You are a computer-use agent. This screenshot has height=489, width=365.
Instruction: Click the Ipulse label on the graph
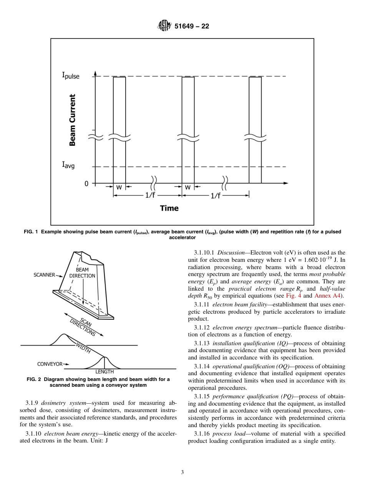pyautogui.click(x=71, y=75)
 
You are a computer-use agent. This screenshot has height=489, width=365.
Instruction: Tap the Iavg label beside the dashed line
pyautogui.click(x=68, y=165)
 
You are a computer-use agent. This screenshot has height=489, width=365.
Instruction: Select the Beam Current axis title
pyautogui.click(x=72, y=120)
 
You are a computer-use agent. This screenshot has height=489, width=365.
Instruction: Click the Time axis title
pyautogui.click(x=169, y=208)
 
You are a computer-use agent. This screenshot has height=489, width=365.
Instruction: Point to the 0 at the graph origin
pyautogui.click(x=87, y=184)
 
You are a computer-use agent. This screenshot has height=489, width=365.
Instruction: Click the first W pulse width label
pyautogui.click(x=119, y=187)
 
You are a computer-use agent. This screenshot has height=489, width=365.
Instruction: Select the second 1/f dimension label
pyautogui.click(x=216, y=196)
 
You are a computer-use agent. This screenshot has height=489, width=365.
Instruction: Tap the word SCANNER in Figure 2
pyautogui.click(x=44, y=275)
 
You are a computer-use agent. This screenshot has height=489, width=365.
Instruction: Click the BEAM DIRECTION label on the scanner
pyautogui.click(x=82, y=273)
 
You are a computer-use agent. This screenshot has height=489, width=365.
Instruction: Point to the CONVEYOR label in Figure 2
pyautogui.click(x=50, y=363)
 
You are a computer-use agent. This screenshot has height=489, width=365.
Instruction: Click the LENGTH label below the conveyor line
pyautogui.click(x=105, y=372)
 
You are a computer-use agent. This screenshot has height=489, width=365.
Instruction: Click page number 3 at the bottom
pyautogui.click(x=182, y=472)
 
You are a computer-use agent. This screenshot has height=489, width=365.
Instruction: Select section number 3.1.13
pyautogui.click(x=202, y=343)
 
